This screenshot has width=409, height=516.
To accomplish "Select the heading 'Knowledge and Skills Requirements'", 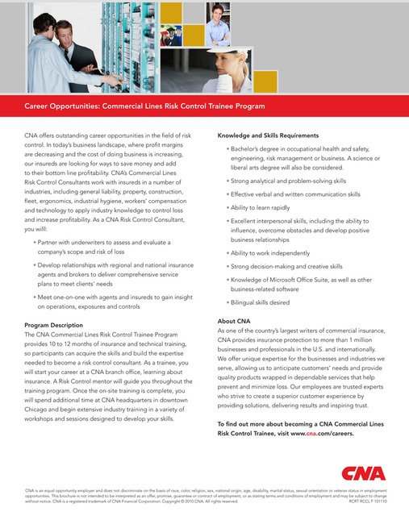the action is coord(269,135).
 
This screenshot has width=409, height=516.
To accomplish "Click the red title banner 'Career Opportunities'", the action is coord(145,106).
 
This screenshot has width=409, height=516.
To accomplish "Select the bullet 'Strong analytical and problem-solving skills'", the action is coord(288,181).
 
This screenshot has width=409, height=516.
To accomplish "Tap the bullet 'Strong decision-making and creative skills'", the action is coord(286,266).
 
